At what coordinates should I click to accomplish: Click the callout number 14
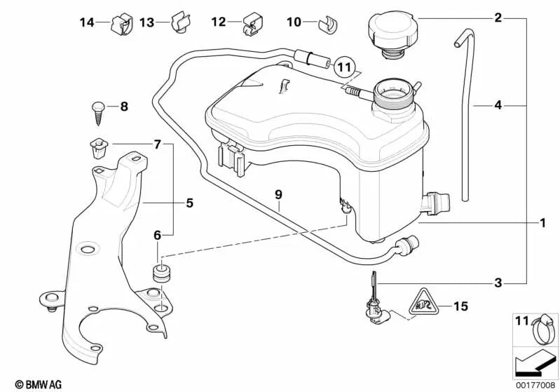pos(86,22)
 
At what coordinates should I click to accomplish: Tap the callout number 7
pos(157,145)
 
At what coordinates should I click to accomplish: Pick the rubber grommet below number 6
pos(161,274)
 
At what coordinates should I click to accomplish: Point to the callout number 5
pos(189,203)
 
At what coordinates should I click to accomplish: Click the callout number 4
pos(498,105)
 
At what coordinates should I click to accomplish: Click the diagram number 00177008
pos(533,384)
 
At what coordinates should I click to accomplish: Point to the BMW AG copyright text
pos(26,384)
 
